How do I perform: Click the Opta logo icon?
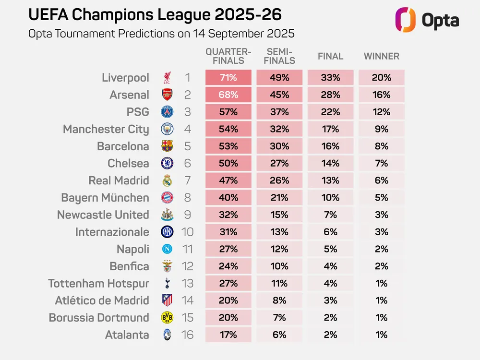coord(405,20)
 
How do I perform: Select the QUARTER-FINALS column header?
coord(228,56)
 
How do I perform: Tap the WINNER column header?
coord(382,56)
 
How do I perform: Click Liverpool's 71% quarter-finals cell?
coord(228,78)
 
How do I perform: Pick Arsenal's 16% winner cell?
coord(382,95)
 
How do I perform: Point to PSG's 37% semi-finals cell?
coord(279,112)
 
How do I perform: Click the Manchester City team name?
coord(106,129)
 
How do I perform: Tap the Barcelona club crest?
coord(168,146)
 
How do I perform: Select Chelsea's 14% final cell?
coord(330,163)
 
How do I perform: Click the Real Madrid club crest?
coord(168,180)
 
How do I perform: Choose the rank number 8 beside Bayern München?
coord(187,198)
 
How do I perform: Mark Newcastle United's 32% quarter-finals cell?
coord(228,215)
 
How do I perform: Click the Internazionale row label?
coord(112,232)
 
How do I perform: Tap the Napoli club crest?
coord(168,249)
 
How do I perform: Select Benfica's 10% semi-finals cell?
coord(279,266)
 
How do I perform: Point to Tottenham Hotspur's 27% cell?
coord(228,283)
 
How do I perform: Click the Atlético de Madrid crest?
coord(168,300)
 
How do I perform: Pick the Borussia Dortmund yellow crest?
coord(168,317)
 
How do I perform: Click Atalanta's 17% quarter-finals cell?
coord(228,335)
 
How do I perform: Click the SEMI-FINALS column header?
coord(279,56)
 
